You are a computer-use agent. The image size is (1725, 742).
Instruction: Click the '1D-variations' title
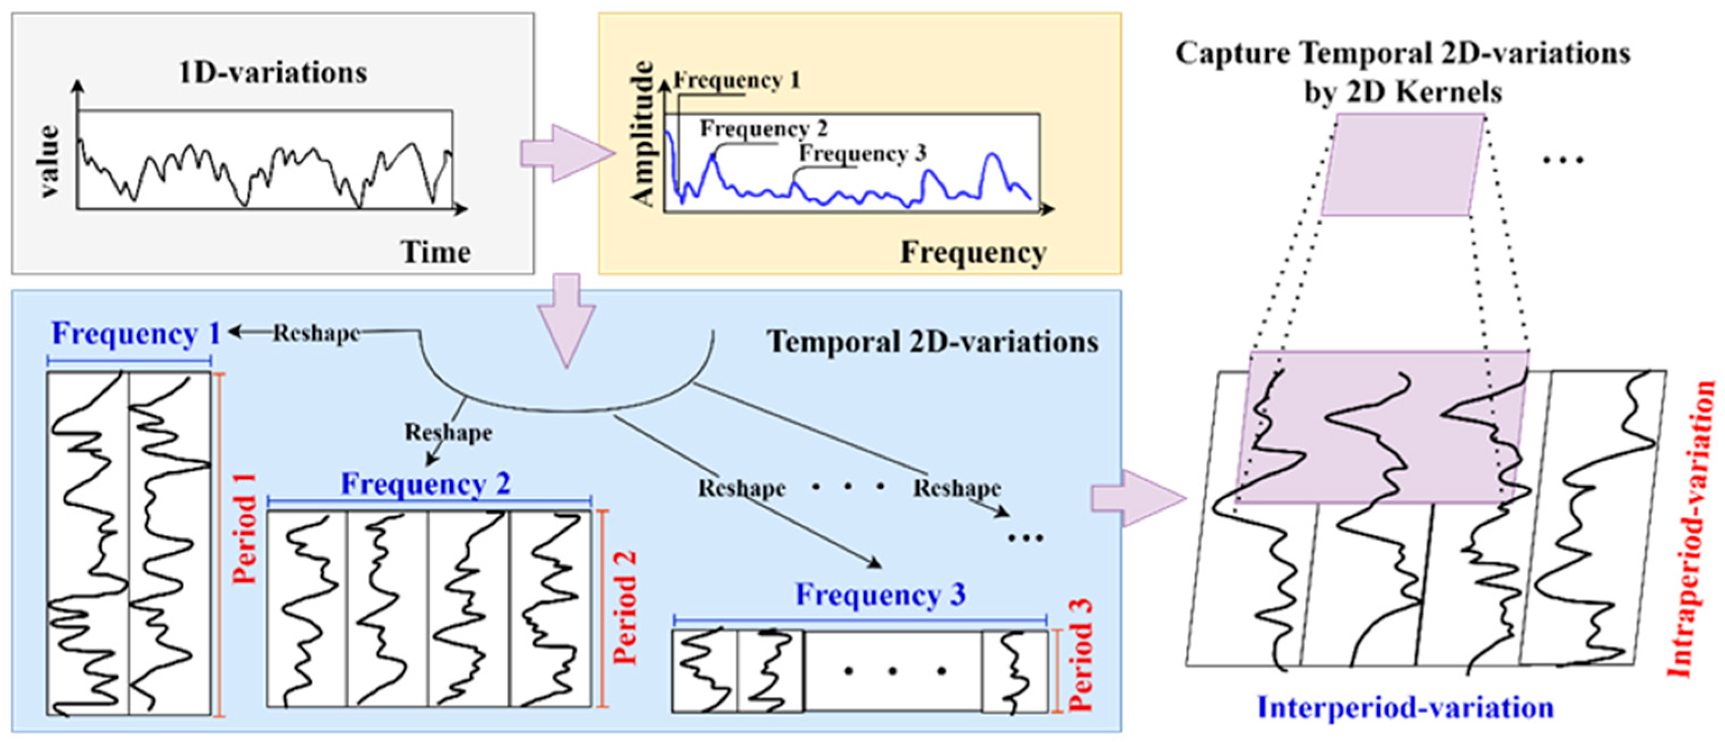click(273, 72)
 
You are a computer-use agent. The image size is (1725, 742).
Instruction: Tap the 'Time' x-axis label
click(436, 252)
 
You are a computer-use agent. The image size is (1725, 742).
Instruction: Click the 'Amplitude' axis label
click(642, 134)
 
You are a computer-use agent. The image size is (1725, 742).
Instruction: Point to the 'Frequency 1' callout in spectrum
click(737, 80)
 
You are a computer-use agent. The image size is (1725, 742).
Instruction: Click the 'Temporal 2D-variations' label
click(932, 342)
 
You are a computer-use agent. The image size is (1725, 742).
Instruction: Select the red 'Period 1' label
click(245, 528)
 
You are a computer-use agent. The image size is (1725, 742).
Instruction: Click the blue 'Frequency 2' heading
click(426, 484)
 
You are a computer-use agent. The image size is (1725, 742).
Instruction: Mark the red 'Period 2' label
click(625, 607)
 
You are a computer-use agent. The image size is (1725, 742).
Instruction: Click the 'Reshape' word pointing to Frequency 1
click(316, 333)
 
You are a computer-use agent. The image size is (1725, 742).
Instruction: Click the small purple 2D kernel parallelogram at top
click(1403, 164)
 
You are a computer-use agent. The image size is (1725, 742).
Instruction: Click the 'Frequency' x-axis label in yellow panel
click(973, 252)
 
